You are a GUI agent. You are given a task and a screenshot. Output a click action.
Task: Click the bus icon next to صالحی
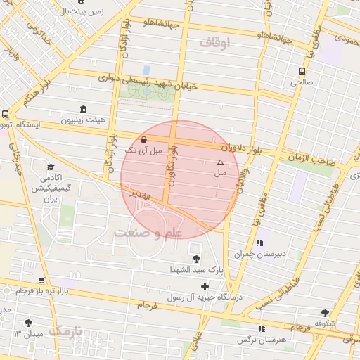302,71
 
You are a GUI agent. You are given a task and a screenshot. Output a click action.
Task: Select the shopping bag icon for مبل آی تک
144,139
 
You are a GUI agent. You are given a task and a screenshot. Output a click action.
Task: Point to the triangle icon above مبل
220,162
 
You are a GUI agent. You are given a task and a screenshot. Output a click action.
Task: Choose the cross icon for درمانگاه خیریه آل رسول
205,286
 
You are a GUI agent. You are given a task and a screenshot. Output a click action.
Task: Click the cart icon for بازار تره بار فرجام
41,281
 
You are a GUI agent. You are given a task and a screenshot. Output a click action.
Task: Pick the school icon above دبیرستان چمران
262,243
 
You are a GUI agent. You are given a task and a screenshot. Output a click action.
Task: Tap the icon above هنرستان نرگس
262,328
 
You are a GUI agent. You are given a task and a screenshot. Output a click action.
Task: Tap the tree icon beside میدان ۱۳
27,323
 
